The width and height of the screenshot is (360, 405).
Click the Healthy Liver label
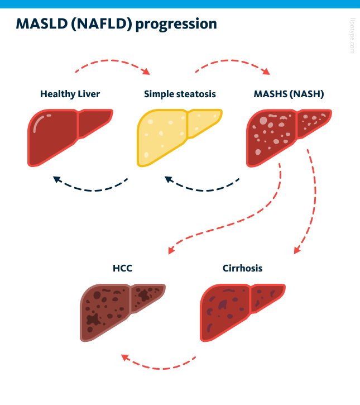tap(70, 94)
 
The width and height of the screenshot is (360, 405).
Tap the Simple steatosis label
tap(180, 94)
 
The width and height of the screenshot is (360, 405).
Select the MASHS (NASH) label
tap(289, 94)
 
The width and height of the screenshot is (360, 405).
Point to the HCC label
tap(122, 268)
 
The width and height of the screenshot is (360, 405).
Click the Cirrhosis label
tap(242, 268)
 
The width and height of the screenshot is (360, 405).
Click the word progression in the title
tap(176, 24)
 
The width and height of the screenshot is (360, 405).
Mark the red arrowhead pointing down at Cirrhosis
tap(297, 250)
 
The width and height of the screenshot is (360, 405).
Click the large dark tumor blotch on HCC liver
tap(92, 320)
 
